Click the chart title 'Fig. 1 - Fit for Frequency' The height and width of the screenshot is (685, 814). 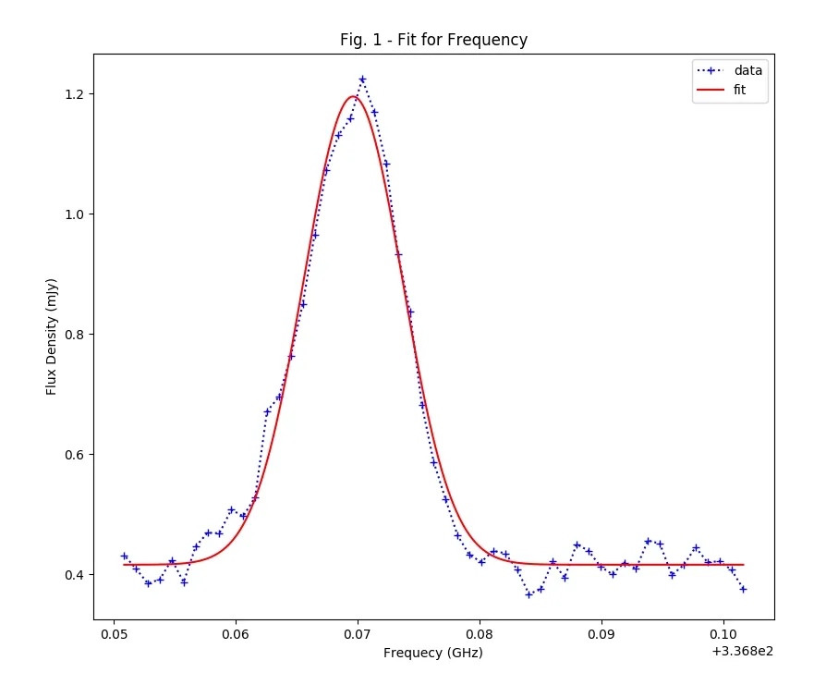coord(433,40)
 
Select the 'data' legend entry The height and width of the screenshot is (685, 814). coord(747,70)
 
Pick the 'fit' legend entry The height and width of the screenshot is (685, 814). coord(738,90)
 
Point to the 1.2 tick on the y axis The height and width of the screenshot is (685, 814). coord(74,94)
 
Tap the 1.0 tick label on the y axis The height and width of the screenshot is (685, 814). coord(74,214)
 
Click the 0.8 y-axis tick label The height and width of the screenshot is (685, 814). coord(74,335)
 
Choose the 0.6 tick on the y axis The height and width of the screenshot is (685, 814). coord(74,455)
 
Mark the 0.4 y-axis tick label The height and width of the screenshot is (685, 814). coord(74,575)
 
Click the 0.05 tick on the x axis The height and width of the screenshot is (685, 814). coord(114,635)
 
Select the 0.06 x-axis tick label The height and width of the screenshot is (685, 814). coord(236,635)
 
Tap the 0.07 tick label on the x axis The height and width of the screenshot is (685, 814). coord(358,635)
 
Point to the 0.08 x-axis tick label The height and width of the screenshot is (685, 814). coord(480,635)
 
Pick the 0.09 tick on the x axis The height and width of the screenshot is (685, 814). coord(601,635)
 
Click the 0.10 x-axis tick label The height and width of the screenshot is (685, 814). coord(723,635)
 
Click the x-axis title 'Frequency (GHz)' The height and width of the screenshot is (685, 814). coord(433,653)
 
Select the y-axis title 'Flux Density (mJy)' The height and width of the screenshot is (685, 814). coord(53,336)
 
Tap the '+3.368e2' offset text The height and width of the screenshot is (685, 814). coord(742,651)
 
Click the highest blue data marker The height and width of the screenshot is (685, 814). coord(362,80)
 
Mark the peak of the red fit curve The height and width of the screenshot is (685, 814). coord(352,96)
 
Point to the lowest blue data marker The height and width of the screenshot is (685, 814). coord(528,594)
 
